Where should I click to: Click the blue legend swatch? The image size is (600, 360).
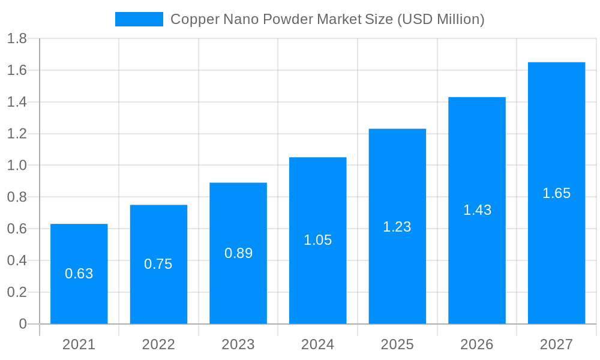point(139,19)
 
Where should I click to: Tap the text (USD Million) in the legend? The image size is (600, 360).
point(440,19)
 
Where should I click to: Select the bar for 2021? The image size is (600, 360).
point(79,300)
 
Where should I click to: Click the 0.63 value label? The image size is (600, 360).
point(79,274)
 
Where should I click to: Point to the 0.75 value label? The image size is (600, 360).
point(158,264)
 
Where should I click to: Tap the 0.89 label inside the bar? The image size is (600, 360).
point(238,253)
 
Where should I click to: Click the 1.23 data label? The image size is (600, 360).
point(397,227)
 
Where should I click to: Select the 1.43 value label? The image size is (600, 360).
point(477,210)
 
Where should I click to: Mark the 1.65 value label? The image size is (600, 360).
point(556,193)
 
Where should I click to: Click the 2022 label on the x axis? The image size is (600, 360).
point(158,344)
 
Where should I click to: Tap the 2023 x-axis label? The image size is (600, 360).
point(238,344)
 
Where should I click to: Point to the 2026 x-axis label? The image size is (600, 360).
point(477,344)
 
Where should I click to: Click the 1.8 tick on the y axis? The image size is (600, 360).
point(17,39)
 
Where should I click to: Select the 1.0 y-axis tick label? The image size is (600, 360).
point(17,166)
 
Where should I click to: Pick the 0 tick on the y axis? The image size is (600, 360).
point(23,324)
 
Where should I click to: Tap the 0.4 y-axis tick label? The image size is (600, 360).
point(17,260)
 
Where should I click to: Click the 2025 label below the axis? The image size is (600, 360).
point(397,344)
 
